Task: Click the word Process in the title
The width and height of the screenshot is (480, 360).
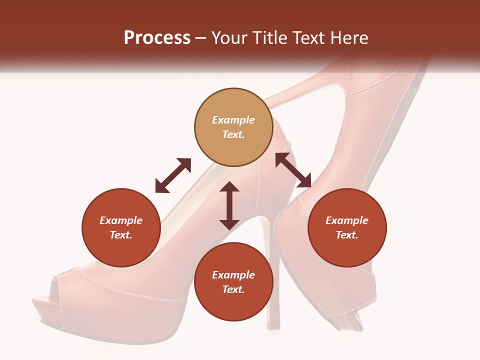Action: pos(157,38)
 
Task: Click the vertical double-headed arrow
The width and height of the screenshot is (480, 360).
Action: pos(229,205)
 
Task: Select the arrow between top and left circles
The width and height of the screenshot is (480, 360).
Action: pos(173,175)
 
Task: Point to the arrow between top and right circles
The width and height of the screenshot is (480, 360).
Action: pos(293,170)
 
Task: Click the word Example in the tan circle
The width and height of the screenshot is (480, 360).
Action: pos(233,120)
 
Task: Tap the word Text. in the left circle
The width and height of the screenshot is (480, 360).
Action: pos(121,235)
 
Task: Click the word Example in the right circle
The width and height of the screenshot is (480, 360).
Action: pos(347,220)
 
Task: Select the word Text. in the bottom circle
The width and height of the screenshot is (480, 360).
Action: pos(233,289)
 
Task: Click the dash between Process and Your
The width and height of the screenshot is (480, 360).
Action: pos(201,38)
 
